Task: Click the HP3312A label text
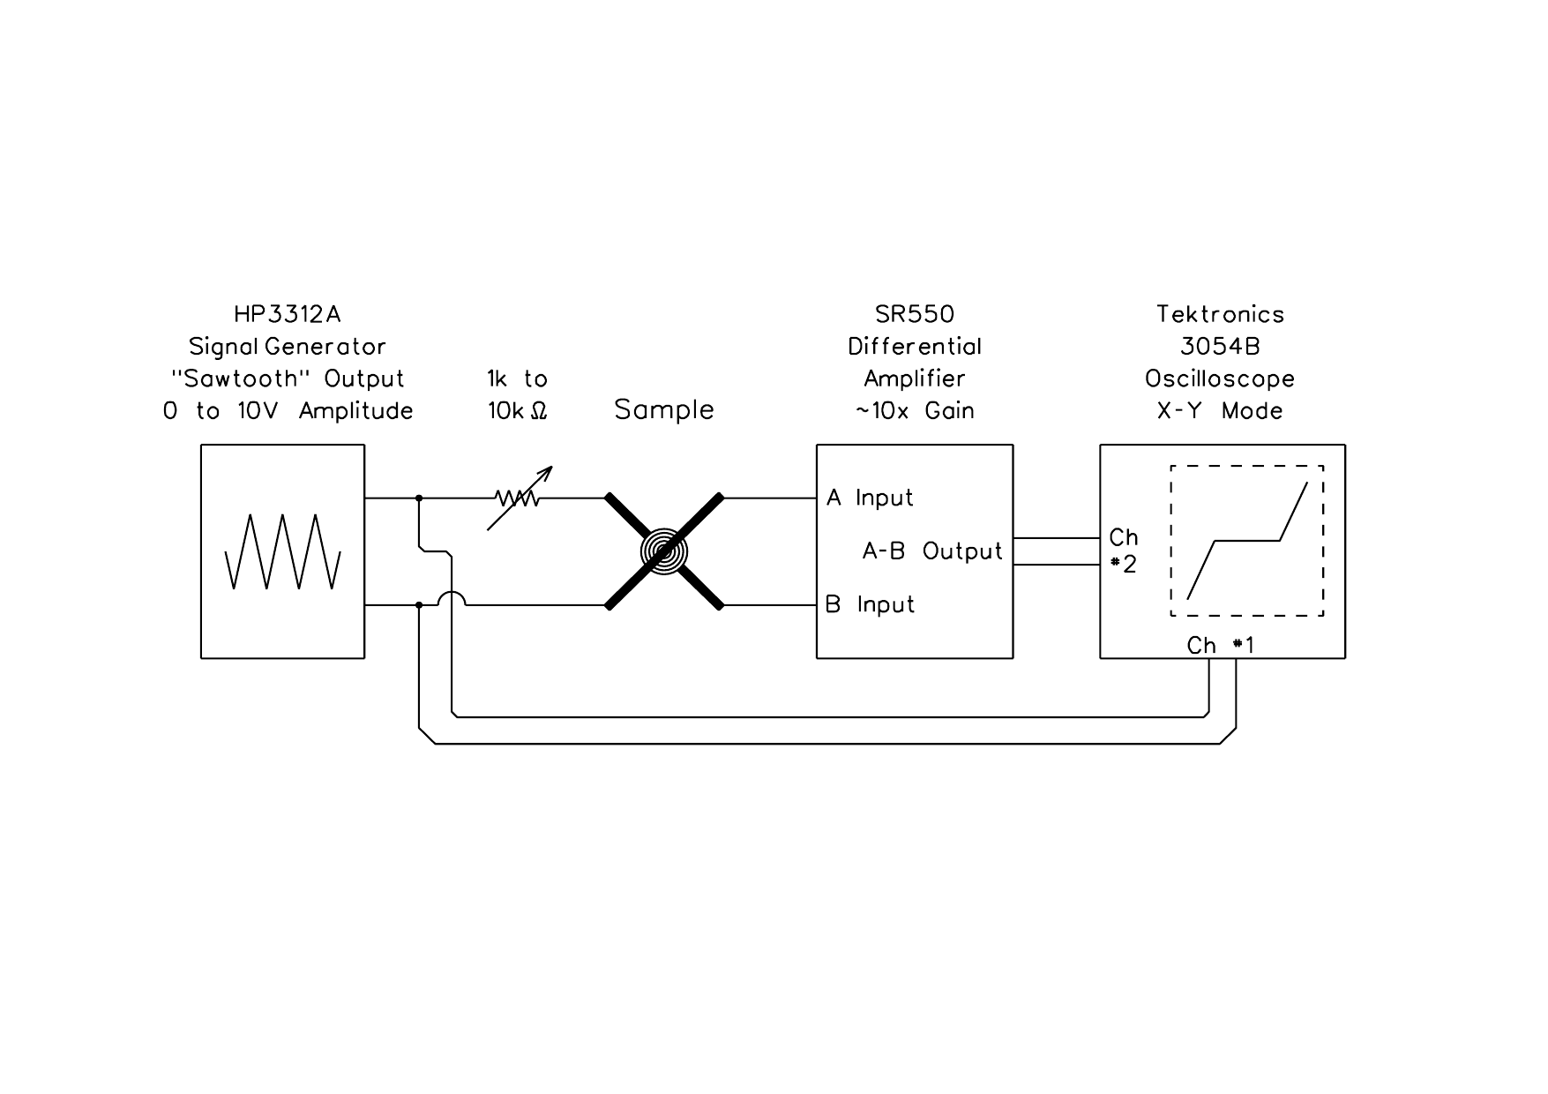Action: click(x=287, y=314)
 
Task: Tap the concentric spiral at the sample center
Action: click(x=663, y=551)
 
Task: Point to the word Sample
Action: click(x=664, y=409)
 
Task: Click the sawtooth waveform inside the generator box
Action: click(x=283, y=551)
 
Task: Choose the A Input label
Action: click(x=870, y=498)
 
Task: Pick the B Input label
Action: click(x=870, y=604)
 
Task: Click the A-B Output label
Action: click(x=932, y=551)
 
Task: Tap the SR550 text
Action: click(x=915, y=314)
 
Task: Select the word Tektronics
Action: click(x=1221, y=314)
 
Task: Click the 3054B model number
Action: click(x=1221, y=346)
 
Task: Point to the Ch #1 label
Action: click(x=1221, y=646)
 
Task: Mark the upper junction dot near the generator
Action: click(x=419, y=498)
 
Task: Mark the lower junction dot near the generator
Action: click(x=419, y=605)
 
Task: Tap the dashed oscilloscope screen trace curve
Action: click(x=1247, y=540)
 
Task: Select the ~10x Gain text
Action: click(x=915, y=410)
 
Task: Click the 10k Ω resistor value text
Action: click(x=519, y=410)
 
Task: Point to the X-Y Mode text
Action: click(x=1221, y=410)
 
